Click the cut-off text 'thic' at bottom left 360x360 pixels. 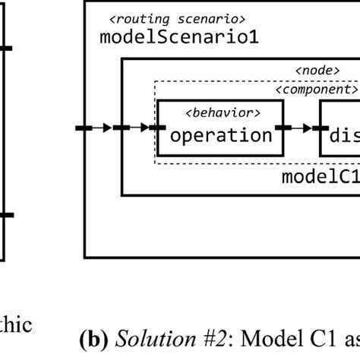(x=15, y=325)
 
